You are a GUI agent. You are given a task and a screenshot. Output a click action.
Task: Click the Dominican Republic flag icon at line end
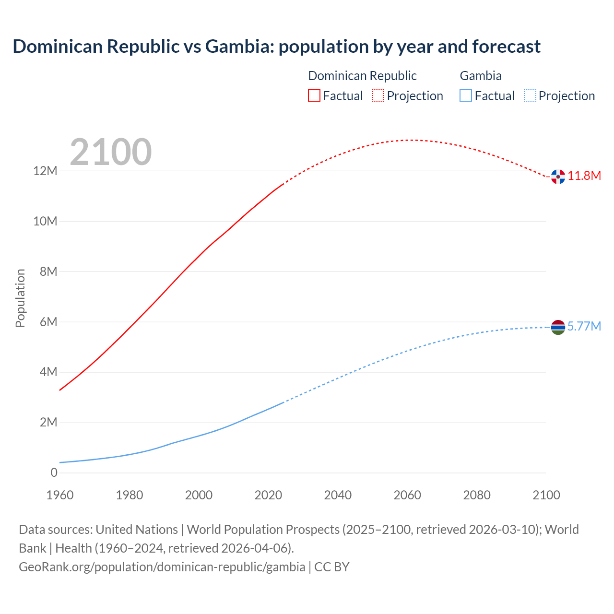558,177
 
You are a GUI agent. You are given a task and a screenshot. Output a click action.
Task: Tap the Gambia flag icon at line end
558,327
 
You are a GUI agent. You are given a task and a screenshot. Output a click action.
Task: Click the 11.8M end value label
584,176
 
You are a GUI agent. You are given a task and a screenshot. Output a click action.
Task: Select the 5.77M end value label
584,326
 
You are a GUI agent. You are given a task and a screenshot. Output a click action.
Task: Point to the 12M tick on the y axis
45,171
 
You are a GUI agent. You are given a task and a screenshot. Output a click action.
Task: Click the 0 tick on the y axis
54,472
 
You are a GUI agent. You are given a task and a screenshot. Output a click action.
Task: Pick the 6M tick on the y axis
48,322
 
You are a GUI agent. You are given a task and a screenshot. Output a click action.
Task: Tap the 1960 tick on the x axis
60,495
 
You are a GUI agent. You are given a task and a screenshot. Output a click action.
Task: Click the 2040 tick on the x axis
338,495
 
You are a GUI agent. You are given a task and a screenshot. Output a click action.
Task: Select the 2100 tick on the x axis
546,495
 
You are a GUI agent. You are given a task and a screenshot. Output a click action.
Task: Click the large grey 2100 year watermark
111,152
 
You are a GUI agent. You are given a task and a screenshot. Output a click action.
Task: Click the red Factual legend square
314,95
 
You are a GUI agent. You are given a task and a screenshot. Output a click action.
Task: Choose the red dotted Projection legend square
378,95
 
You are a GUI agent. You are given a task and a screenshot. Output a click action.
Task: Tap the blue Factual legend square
466,95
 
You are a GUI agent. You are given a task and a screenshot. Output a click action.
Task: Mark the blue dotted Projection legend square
530,95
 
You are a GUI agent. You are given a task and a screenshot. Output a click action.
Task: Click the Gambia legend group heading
481,76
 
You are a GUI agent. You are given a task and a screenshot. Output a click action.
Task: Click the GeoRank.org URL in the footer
162,567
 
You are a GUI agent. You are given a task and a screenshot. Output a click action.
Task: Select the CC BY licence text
332,567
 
